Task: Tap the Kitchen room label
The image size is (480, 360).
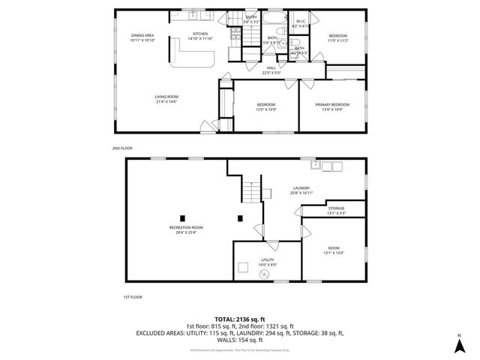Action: [x=200, y=36]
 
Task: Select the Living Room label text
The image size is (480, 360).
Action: [x=166, y=99]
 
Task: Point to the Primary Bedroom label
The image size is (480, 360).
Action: [x=331, y=106]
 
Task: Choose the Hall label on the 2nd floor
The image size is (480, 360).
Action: [x=271, y=71]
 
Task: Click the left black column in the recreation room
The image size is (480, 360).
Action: [x=182, y=219]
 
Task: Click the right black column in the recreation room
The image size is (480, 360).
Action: [x=240, y=219]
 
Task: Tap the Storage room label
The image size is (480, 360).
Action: [x=336, y=210]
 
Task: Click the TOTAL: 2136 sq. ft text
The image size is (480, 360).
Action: [x=240, y=319]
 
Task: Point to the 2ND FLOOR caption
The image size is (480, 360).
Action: [x=121, y=148]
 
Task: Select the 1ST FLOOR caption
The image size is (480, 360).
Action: [x=132, y=297]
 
